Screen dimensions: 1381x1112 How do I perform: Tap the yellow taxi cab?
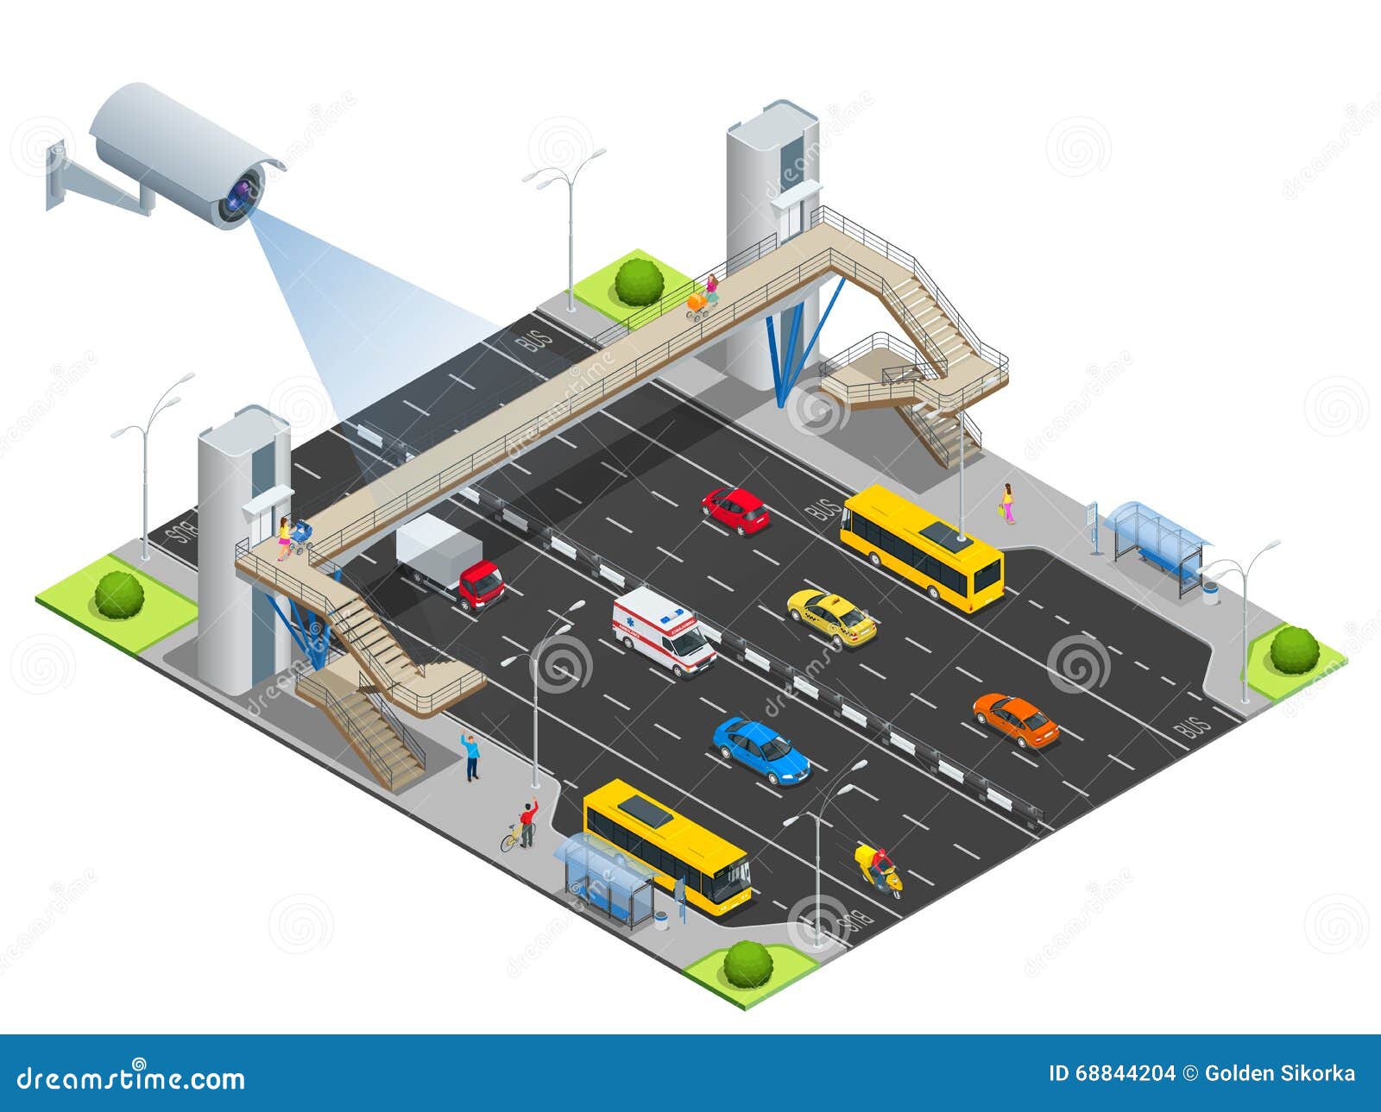pos(831,616)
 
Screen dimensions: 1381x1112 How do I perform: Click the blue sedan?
pos(760,750)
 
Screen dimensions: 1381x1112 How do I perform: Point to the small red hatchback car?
pos(735,509)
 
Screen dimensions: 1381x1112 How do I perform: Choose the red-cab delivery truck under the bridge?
pos(451,562)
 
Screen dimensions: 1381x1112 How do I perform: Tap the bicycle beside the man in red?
pos(516,836)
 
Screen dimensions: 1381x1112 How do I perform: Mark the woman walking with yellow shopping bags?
pos(1006,503)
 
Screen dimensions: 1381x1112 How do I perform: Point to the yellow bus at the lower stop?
pos(666,845)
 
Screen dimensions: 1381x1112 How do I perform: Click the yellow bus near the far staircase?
pos(922,546)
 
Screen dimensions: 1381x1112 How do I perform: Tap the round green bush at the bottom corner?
pos(747,964)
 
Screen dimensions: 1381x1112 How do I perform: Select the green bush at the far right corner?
pos(1294,650)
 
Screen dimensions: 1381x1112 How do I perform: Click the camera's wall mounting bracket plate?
pos(56,177)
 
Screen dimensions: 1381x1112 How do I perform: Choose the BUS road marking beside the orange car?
pos(1192,726)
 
